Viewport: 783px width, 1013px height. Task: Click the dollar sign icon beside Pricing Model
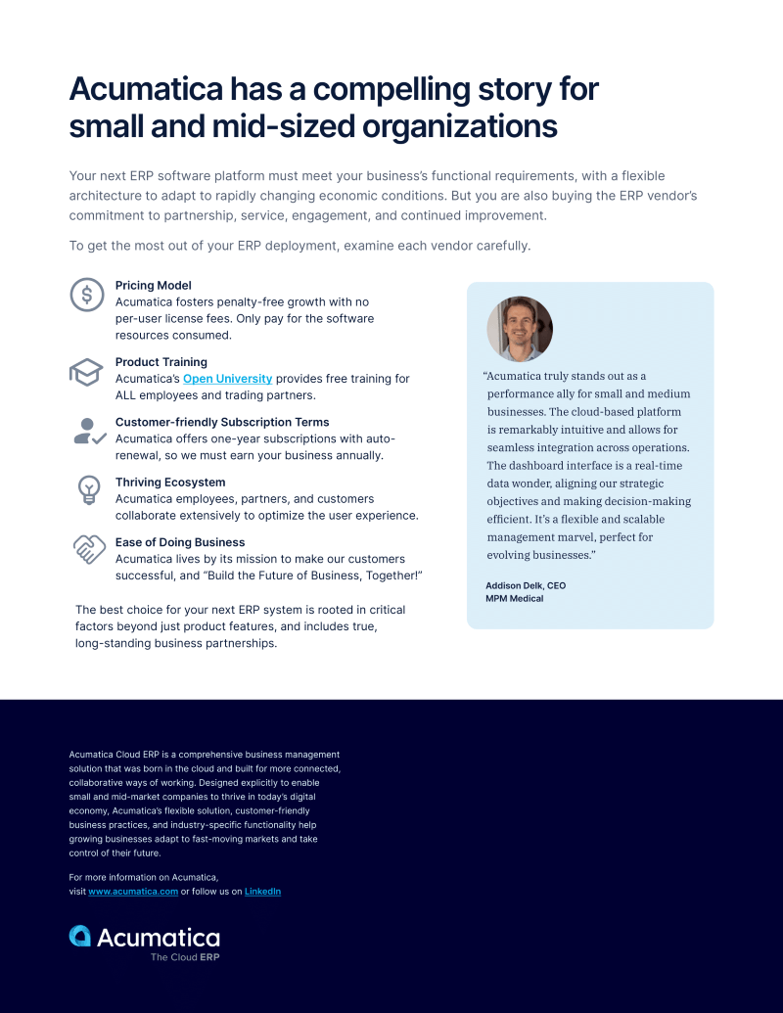[87, 295]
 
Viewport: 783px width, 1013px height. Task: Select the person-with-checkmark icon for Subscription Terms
[90, 431]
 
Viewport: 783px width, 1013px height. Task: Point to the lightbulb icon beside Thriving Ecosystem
[89, 489]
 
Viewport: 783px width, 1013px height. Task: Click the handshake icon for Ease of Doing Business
[89, 549]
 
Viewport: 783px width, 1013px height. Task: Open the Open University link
[227, 379]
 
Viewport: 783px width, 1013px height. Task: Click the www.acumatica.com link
[133, 892]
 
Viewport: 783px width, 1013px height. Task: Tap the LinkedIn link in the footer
[262, 892]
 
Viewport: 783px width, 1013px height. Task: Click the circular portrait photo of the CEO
[520, 329]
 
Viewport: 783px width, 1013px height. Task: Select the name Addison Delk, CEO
[526, 585]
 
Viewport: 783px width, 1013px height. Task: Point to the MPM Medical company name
[514, 599]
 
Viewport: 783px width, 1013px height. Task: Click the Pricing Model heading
[153, 286]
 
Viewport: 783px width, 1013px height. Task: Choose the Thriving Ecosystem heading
[170, 483]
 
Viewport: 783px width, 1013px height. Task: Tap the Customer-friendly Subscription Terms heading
[222, 422]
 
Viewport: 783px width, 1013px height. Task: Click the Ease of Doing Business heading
[180, 542]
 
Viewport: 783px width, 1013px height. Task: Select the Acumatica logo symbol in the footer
[80, 936]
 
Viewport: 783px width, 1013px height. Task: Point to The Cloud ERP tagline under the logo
[185, 957]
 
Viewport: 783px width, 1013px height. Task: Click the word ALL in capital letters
[128, 395]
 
